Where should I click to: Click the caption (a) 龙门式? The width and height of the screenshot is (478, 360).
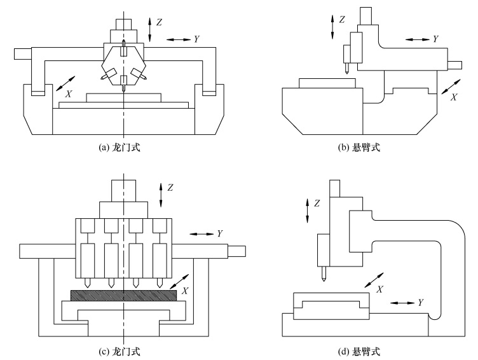pos(119,148)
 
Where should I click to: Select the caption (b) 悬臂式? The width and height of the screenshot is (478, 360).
pos(358,148)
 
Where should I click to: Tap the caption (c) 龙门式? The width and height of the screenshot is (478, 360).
pos(119,352)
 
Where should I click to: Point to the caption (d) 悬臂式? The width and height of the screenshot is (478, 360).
pos(358,352)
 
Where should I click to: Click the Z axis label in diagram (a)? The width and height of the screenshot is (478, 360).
pos(159,22)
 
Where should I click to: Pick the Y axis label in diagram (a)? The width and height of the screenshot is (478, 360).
pos(196,39)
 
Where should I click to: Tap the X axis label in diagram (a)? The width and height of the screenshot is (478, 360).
pos(69,94)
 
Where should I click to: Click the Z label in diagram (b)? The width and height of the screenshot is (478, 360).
pos(342,20)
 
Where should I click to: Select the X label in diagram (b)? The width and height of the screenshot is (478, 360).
pos(454,97)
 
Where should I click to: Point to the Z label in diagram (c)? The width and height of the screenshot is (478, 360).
pos(170,188)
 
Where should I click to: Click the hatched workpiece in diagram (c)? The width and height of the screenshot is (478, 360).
pos(123,295)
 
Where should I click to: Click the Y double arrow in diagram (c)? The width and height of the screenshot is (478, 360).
pos(201,234)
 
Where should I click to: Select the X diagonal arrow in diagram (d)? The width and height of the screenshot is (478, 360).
pos(374,280)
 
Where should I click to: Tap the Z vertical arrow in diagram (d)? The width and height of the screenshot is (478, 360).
pos(307,211)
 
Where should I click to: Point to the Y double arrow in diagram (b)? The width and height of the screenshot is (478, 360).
pos(418,39)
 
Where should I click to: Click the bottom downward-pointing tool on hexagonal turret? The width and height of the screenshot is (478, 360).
pos(123,85)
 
